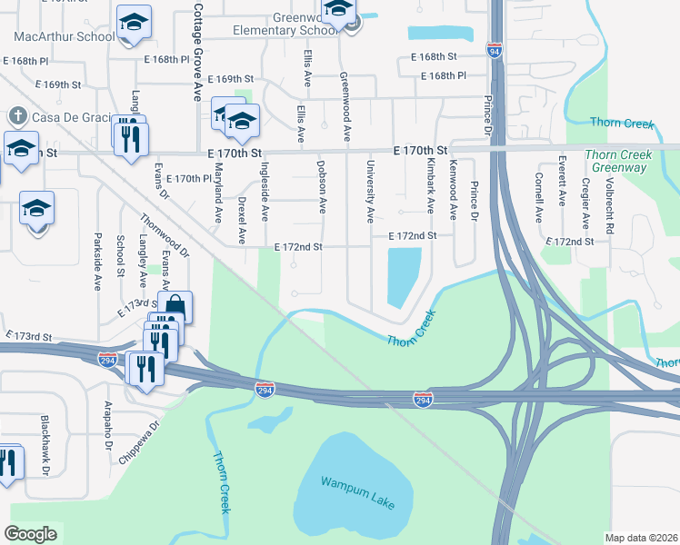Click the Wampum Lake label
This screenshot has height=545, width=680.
point(357,491)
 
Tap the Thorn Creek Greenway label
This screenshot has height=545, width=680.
point(618,162)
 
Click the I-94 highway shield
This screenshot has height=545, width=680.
point(494,51)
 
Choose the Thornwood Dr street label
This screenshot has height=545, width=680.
point(165,233)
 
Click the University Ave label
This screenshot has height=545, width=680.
point(370,193)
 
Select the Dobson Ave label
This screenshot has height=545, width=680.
point(321,187)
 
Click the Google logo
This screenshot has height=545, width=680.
point(31,534)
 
